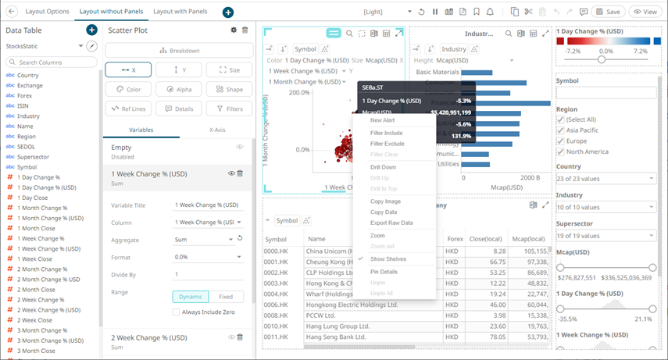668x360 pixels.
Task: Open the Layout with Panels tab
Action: tap(180, 12)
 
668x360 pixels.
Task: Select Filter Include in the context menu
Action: tap(387, 133)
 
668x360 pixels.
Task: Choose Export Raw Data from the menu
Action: tap(391, 223)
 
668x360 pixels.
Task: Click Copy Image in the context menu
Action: tap(386, 201)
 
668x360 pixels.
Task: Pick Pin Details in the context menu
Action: tap(384, 271)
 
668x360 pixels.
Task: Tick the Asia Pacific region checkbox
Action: tap(560, 130)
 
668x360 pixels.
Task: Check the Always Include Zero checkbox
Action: tap(177, 312)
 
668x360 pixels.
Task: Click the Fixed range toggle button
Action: tap(226, 297)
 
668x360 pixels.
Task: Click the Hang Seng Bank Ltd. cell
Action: tap(334, 337)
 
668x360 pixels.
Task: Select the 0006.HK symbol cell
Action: tap(279, 305)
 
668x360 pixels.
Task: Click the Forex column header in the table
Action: tap(455, 240)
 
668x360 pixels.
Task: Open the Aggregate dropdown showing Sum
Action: tap(205, 240)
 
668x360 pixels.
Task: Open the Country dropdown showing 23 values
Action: tap(605, 179)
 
